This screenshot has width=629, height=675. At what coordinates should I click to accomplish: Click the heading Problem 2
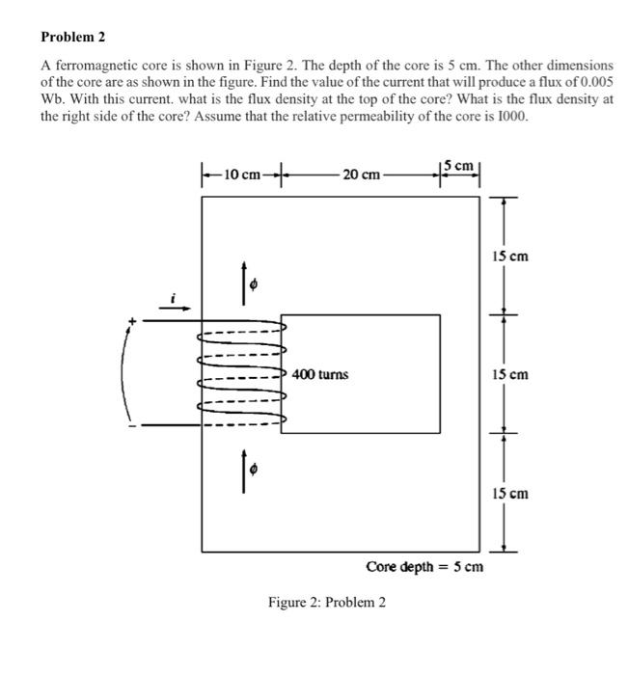click(x=72, y=38)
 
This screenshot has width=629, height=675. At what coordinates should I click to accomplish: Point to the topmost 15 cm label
click(x=510, y=256)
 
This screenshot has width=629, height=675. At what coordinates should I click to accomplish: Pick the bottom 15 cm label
click(x=510, y=494)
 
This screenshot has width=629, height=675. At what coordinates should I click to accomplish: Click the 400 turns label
click(x=320, y=374)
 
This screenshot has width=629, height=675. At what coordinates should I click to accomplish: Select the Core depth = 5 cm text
click(x=424, y=566)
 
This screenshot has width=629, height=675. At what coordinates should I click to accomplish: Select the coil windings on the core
click(x=241, y=371)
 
